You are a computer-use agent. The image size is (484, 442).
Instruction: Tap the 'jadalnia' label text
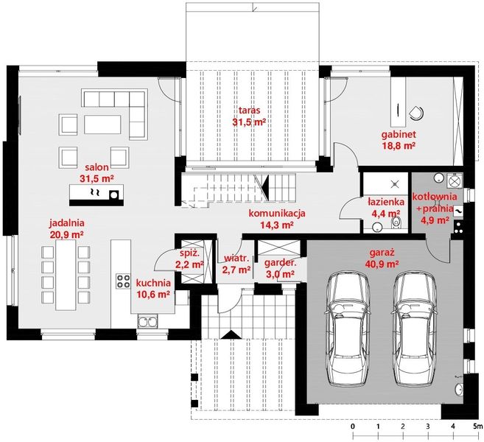click(x=67, y=222)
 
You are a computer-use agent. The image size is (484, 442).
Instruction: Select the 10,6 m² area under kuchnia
click(x=153, y=293)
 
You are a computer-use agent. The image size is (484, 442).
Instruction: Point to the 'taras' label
click(x=248, y=111)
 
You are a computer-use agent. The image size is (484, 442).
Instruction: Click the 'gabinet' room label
click(x=399, y=135)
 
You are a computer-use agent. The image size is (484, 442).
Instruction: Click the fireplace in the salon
click(x=95, y=194)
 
